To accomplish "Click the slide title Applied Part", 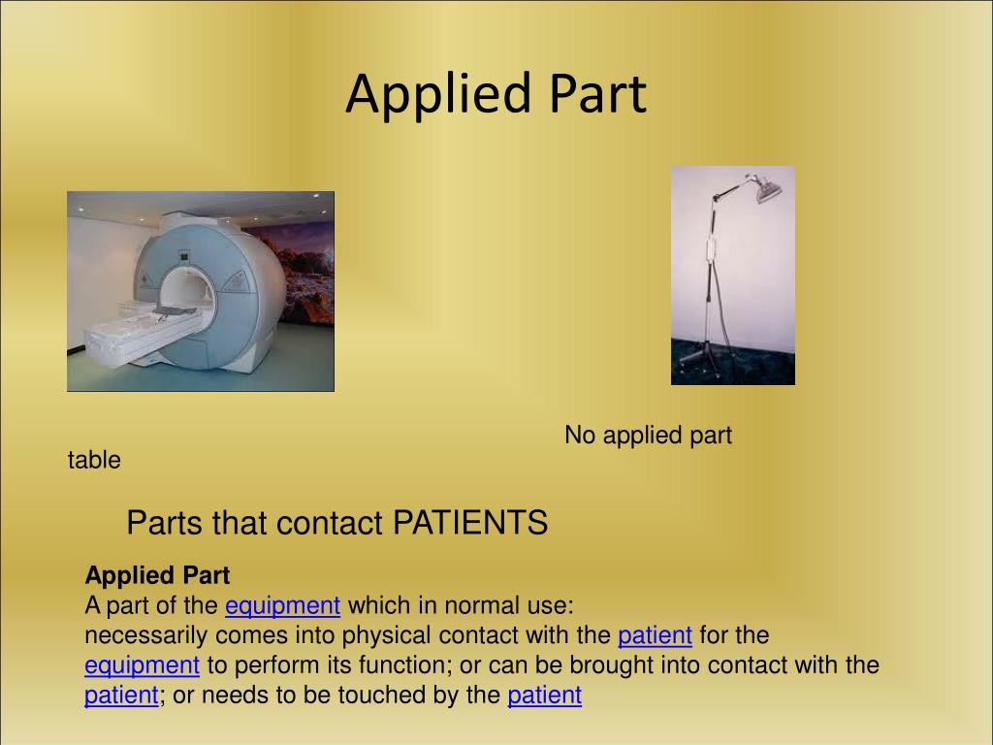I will pos(496,95).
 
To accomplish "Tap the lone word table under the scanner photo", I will pos(94,461).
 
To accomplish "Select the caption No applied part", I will pos(648,436).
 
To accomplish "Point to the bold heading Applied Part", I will pos(157,575).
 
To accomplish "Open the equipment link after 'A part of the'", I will pos(282,606).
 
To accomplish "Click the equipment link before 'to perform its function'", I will pos(142,665).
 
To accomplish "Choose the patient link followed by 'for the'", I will pos(655,635).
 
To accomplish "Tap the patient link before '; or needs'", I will pos(120,696).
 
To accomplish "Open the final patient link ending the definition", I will pos(544,696).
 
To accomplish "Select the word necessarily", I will pos(144,636).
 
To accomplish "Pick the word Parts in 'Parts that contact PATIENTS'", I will pos(161,524).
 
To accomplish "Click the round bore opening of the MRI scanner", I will pos(185,291).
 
